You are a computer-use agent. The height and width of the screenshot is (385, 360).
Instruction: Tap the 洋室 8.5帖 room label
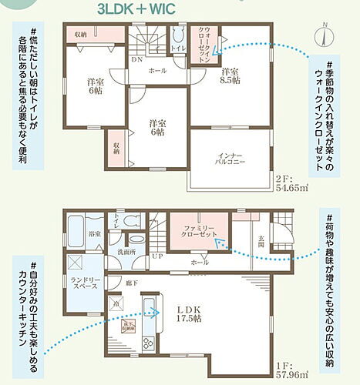[x=229, y=78]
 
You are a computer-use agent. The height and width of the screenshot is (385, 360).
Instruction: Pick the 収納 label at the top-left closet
[x=80, y=35]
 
